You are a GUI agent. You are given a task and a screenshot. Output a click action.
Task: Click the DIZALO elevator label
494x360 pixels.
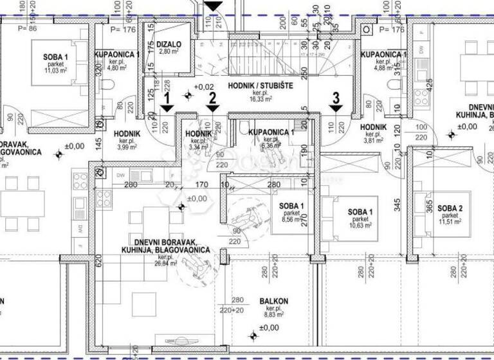(x=170, y=44)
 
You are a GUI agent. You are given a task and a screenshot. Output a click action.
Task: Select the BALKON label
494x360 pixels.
(x=274, y=301)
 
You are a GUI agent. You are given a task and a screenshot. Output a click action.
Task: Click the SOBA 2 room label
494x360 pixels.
(x=450, y=208)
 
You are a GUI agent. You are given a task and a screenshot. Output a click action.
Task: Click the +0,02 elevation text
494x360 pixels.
(x=205, y=87)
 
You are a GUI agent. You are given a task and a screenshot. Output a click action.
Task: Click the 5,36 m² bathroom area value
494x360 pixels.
(x=270, y=145)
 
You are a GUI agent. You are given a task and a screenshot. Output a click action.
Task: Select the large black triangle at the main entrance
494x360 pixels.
(x=213, y=6)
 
